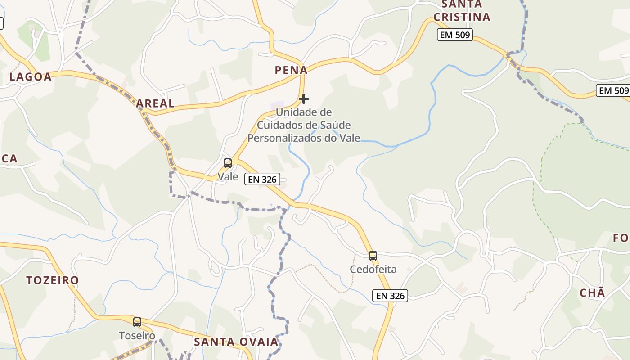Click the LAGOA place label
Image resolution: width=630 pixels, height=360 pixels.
pos(31,77)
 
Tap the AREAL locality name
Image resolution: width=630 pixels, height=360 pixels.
pos(155,103)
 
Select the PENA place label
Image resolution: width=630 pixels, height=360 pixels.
pos(291,70)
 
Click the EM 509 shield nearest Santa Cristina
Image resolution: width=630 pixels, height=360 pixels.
pos(455,35)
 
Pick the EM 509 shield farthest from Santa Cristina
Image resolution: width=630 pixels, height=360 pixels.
pos(613,90)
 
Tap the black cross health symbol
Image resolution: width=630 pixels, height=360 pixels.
pos(304,99)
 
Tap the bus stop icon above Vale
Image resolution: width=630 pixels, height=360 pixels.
pos(228,163)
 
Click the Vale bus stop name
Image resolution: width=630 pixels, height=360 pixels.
pos(228,176)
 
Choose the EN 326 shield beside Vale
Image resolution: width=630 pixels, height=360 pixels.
pos(262,179)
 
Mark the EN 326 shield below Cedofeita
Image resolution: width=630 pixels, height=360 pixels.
pos(390,296)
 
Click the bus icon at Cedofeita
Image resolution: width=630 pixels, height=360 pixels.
pos(373,256)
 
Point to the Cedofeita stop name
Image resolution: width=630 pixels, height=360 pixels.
pos(373,270)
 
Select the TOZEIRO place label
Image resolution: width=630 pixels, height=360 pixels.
pos(53,280)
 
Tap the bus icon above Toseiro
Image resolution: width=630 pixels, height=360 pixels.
pos(137,322)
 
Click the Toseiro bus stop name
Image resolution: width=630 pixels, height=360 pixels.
pos(137,336)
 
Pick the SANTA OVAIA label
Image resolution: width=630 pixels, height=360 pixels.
pos(236,342)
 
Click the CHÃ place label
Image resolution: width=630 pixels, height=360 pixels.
pos(592,293)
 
